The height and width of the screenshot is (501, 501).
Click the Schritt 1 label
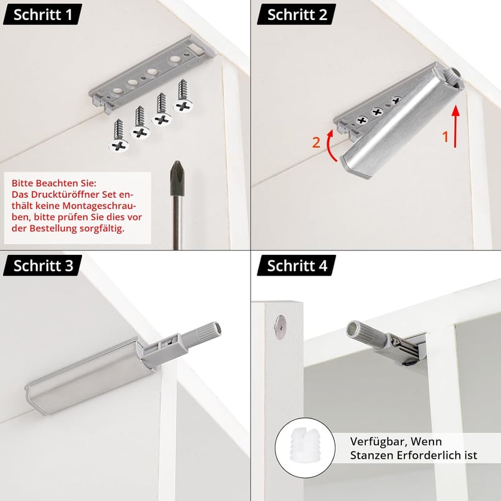pyautogui.click(x=43, y=14)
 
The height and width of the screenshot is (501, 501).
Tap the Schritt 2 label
pyautogui.click(x=296, y=14)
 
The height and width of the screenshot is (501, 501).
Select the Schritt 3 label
pyautogui.click(x=43, y=266)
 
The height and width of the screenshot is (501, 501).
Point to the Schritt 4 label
pyautogui.click(x=296, y=266)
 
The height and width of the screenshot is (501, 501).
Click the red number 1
pyautogui.click(x=445, y=137)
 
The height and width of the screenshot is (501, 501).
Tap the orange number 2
pyautogui.click(x=316, y=142)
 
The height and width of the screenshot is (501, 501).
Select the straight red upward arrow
pyautogui.click(x=456, y=126)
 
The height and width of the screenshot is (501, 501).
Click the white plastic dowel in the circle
pyautogui.click(x=305, y=447)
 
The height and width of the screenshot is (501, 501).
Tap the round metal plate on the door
pyautogui.click(x=280, y=327)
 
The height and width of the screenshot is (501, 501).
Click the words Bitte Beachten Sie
pyautogui.click(x=54, y=183)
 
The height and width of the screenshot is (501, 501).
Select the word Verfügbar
pyautogui.click(x=373, y=442)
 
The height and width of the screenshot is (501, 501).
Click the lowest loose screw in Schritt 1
pyautogui.click(x=119, y=135)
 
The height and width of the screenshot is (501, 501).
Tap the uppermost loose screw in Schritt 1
pyautogui.click(x=183, y=96)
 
